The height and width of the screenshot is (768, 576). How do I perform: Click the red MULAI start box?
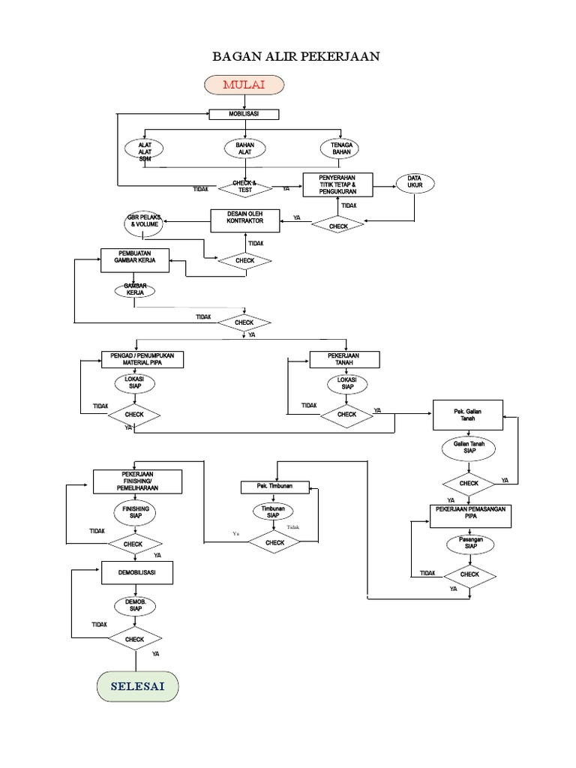pos(244,85)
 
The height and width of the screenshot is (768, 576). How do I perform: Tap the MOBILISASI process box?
pos(244,115)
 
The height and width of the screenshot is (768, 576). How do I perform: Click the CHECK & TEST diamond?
pos(244,187)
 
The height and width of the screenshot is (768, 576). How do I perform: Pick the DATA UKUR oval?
pos(415,182)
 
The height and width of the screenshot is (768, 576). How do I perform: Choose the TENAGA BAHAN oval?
pos(341,148)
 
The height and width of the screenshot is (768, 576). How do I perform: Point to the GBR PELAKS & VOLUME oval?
pos(143,222)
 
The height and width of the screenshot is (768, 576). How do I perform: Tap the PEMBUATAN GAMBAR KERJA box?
pos(135,260)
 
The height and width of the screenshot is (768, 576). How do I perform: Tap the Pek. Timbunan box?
pos(275,487)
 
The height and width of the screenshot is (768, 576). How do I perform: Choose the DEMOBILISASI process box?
pos(138,573)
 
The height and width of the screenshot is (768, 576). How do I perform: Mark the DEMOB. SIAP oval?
pos(135,606)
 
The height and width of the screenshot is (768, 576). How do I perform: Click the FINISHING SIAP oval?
pos(136,513)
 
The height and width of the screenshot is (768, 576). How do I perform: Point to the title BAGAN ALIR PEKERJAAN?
pos(286,55)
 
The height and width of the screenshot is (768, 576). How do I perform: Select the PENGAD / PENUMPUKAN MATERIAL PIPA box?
pos(142,359)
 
